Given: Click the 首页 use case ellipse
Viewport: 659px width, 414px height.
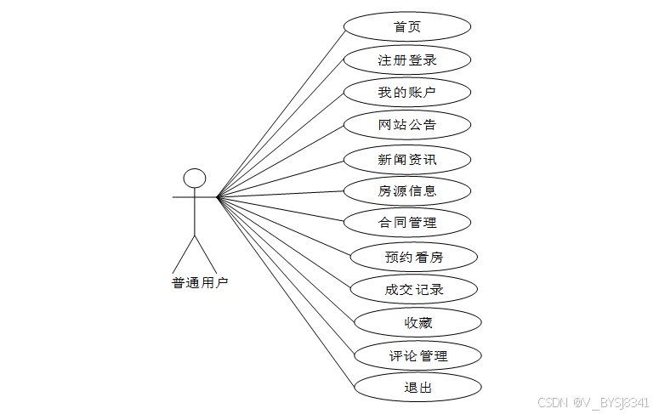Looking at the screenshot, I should (407, 26).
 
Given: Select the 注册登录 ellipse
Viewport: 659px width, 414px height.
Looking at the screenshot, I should (407, 60).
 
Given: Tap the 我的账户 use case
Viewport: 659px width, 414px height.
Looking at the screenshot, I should (407, 92).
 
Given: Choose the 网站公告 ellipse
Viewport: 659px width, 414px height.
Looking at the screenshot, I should (407, 125).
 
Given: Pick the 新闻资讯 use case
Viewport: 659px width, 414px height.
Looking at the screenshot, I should (407, 159).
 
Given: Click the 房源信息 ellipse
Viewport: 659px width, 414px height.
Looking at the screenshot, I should (407, 190).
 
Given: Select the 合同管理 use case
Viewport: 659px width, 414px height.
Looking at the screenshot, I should (407, 223).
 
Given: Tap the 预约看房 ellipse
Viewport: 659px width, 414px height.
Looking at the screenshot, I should (414, 256).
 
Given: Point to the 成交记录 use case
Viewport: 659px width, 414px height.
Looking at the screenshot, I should (414, 289).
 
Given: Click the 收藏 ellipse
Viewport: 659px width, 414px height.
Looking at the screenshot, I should (418, 322).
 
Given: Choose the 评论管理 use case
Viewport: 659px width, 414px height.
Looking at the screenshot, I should (418, 355).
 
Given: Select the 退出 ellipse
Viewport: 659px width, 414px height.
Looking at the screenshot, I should (418, 388).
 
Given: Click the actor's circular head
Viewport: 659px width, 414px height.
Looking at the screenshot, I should (196, 178).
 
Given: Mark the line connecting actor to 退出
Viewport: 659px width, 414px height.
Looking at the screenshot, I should (285, 292).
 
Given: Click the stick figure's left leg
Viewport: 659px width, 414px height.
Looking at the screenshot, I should (185, 252).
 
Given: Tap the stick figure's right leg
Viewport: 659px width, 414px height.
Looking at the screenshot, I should (207, 252).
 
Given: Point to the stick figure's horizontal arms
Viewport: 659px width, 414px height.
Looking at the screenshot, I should (183, 197).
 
